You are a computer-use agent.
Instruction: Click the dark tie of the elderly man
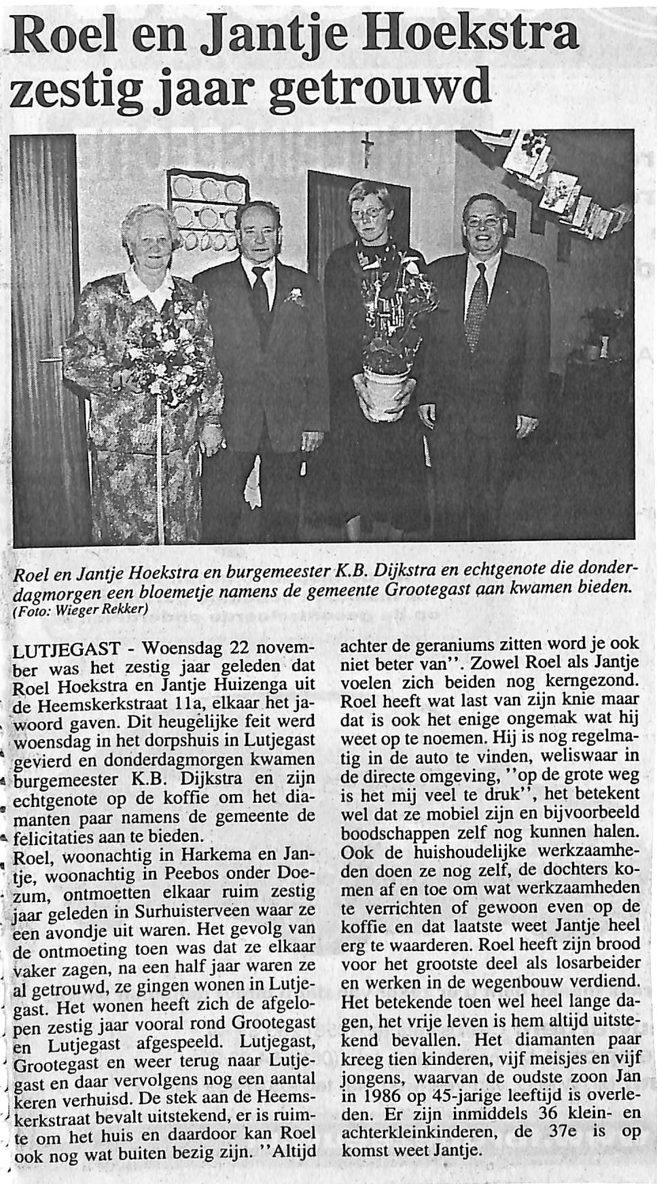260,293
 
